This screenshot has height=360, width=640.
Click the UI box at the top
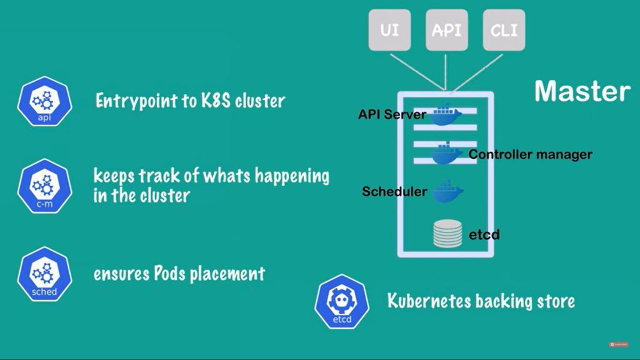tap(389, 30)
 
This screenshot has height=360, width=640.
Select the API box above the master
tap(446, 30)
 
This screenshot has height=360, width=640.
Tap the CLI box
tap(504, 30)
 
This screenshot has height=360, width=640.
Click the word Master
tap(582, 91)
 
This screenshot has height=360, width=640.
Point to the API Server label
tap(392, 115)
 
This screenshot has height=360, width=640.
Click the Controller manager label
tap(531, 154)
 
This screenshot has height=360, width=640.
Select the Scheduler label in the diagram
tap(394, 191)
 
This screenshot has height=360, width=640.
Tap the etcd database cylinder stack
tap(447, 233)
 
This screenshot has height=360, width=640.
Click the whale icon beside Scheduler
tap(448, 191)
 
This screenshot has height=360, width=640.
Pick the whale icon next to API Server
tap(446, 114)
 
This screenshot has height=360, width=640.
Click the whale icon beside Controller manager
tap(448, 154)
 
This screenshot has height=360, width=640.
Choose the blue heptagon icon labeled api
tap(44, 102)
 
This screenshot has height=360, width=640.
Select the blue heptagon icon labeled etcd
tap(342, 301)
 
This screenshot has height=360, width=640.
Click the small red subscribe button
tap(618, 344)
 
